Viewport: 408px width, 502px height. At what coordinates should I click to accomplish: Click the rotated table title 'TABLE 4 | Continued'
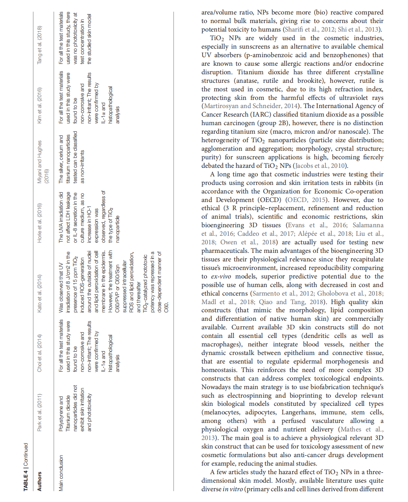click(x=26, y=467)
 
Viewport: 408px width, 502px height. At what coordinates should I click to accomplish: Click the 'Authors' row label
click(x=39, y=481)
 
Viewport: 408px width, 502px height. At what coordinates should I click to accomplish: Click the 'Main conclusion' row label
click(x=61, y=473)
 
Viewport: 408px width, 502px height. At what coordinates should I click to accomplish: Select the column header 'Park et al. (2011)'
click(x=39, y=412)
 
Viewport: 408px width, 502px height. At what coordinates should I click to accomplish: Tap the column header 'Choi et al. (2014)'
click(x=39, y=353)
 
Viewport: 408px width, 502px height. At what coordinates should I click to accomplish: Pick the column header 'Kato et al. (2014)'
click(x=39, y=293)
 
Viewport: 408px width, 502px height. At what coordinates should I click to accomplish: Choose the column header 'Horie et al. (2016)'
click(x=39, y=223)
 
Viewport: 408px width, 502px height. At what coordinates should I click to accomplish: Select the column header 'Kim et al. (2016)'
click(x=39, y=105)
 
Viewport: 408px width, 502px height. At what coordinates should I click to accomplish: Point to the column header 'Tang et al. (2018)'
click(x=39, y=45)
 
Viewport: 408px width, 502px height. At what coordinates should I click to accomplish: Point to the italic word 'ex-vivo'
click(x=222, y=276)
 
